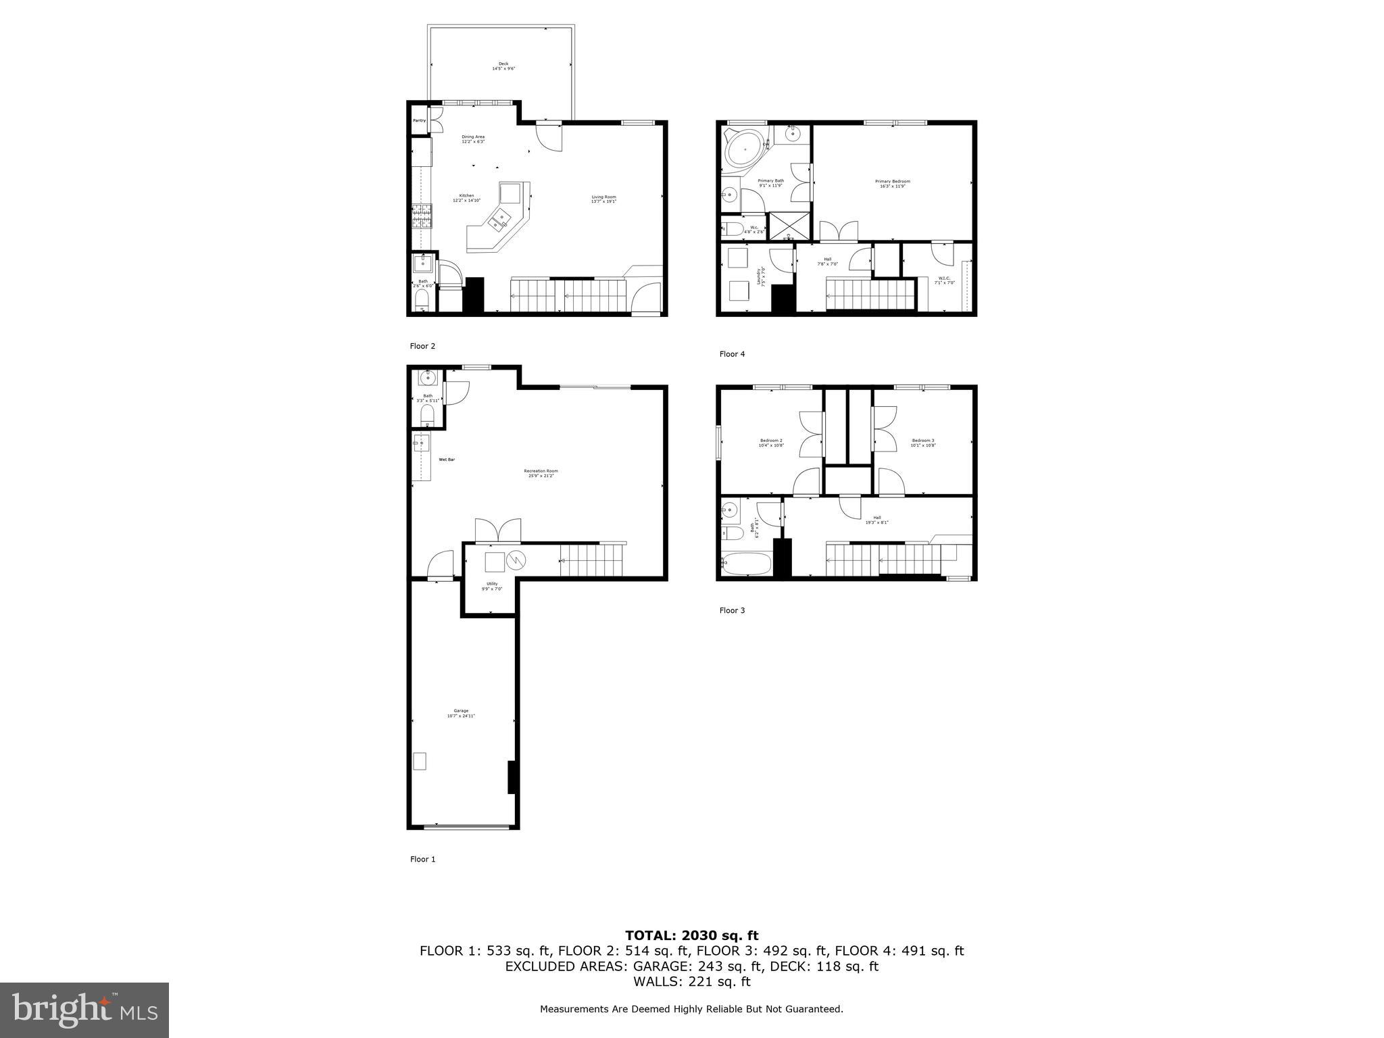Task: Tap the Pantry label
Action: [x=420, y=121]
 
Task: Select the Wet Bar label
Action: [x=447, y=460]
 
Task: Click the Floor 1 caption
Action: [x=422, y=859]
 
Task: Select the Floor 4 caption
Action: [x=732, y=354]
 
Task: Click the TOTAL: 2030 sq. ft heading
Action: [x=691, y=936]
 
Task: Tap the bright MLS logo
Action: [x=84, y=1010]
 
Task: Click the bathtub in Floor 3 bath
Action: [x=746, y=563]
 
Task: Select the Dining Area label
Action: [x=473, y=139]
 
